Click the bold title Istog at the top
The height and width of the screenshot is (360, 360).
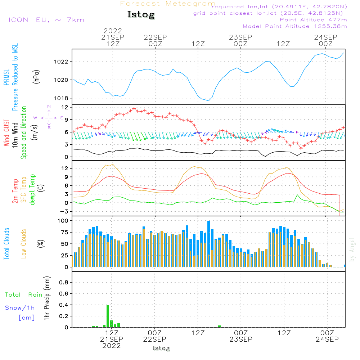pyautogui.click(x=141, y=15)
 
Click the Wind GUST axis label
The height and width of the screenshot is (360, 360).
pyautogui.click(x=6, y=133)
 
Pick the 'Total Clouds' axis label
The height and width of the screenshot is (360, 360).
pyautogui.click(x=6, y=244)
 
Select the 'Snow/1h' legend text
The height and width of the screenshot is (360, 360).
pyautogui.click(x=20, y=308)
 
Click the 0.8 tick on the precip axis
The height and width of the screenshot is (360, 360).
pyautogui.click(x=63, y=282)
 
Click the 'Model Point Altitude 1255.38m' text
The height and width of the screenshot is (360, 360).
pyautogui.click(x=295, y=26)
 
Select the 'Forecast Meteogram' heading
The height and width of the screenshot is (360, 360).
pyautogui.click(x=168, y=4)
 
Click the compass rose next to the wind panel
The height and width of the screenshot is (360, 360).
pyautogui.click(x=49, y=117)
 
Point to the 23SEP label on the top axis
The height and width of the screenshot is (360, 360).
pyautogui.click(x=240, y=37)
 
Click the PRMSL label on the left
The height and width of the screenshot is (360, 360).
pyautogui.click(x=6, y=78)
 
